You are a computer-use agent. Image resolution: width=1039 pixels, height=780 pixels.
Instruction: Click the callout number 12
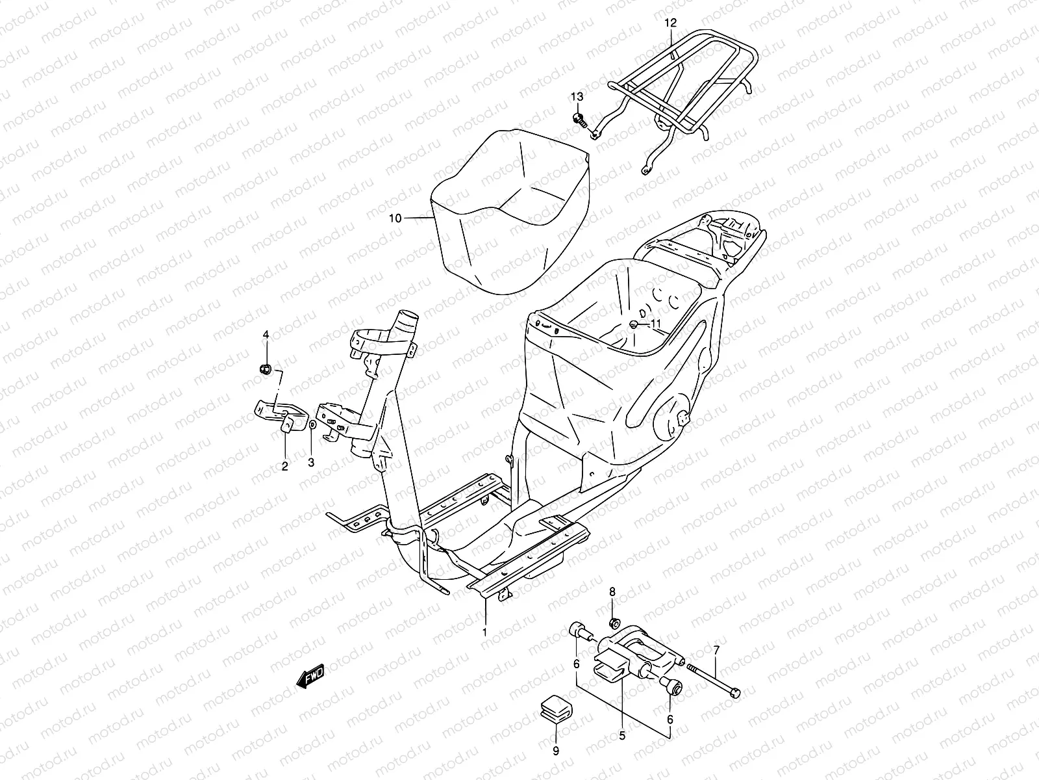click(670, 23)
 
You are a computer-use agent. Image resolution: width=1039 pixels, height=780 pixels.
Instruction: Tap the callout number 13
click(577, 97)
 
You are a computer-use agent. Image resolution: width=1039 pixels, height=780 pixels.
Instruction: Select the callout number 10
click(395, 218)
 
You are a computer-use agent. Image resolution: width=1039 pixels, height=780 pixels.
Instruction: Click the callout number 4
click(265, 335)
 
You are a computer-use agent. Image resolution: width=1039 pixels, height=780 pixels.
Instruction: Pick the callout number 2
click(284, 465)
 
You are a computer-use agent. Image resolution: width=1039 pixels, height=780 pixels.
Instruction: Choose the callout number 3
click(311, 463)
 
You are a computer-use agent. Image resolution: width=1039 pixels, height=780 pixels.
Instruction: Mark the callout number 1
click(483, 631)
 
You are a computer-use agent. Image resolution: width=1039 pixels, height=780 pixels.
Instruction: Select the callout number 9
click(555, 751)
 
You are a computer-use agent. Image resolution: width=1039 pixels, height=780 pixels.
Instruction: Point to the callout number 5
click(621, 736)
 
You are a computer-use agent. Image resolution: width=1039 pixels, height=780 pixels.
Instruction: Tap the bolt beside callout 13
click(597, 120)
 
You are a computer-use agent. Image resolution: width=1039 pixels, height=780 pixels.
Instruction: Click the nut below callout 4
click(265, 369)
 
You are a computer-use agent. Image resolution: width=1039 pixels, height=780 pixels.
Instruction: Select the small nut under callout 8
click(614, 623)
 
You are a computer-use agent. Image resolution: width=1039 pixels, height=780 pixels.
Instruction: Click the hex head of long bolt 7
click(734, 693)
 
